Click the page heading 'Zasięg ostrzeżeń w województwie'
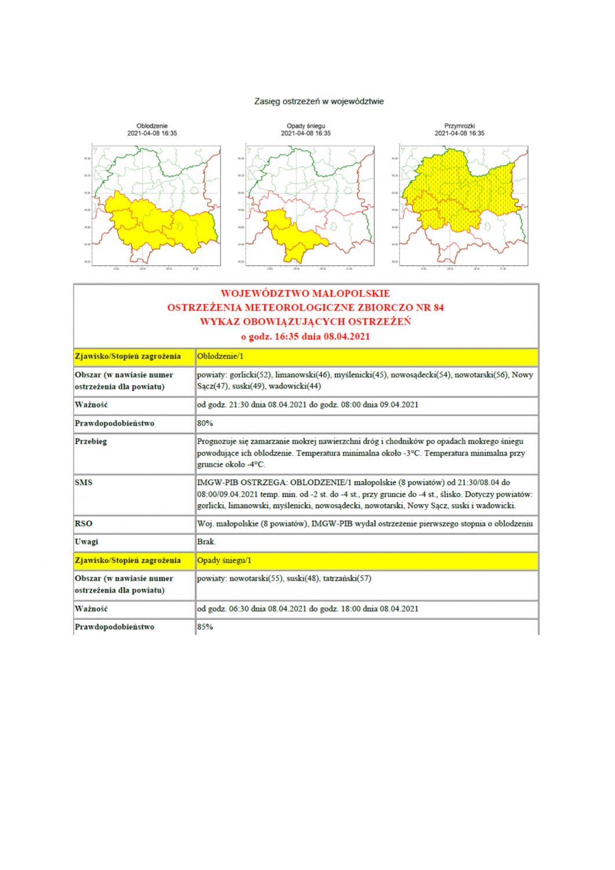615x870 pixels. click(319, 101)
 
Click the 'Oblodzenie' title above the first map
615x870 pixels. click(152, 126)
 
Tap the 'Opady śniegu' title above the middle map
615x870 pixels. click(305, 126)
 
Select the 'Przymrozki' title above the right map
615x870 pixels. click(460, 126)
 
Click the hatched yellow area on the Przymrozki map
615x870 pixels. click(458, 191)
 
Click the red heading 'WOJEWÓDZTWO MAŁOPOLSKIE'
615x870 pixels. click(305, 293)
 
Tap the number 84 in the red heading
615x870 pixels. click(438, 307)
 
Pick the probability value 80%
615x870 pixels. click(205, 423)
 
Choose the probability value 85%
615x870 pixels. click(205, 627)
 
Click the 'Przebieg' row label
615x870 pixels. click(91, 441)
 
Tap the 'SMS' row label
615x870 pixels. click(83, 483)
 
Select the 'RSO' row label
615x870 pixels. click(83, 524)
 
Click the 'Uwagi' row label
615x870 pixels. click(86, 542)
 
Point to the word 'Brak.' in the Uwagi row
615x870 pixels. click(206, 542)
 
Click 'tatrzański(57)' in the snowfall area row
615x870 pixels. click(347, 579)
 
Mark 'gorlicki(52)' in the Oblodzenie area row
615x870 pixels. click(250, 375)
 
